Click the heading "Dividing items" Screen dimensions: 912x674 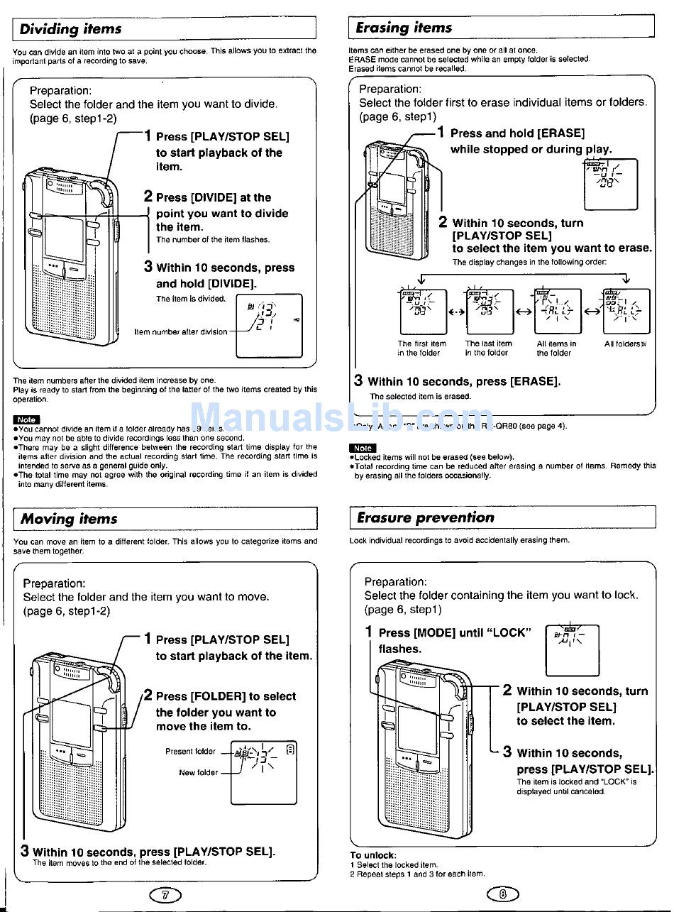(x=70, y=29)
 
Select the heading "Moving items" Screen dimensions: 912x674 (x=69, y=519)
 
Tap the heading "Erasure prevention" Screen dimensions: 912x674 (x=425, y=517)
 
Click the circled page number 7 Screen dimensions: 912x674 (x=165, y=895)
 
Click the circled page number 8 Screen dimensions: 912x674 (x=502, y=894)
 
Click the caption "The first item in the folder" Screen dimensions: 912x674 (x=421, y=348)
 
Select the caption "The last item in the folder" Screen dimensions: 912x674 (x=488, y=348)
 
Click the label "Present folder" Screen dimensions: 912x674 (x=190, y=751)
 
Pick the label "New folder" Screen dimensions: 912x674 (x=198, y=772)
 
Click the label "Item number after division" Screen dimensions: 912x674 (x=181, y=331)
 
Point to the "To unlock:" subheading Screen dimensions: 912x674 (x=373, y=855)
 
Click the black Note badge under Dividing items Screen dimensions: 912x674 (x=26, y=419)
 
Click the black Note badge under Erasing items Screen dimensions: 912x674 (x=363, y=448)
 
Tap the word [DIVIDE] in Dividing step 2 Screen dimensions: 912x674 (x=214, y=198)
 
